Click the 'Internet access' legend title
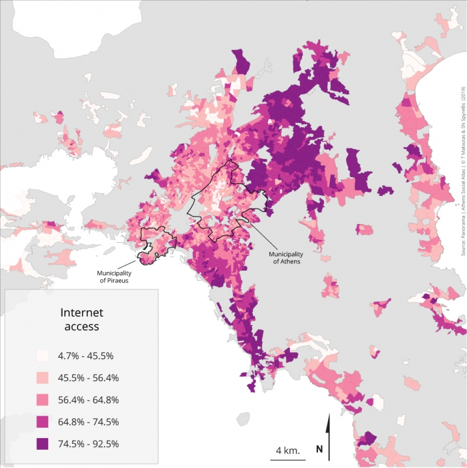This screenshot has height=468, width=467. [82, 320]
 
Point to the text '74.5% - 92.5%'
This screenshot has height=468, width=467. [88, 443]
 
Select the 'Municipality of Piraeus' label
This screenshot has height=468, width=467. [115, 276]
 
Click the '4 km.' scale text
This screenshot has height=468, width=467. [288, 450]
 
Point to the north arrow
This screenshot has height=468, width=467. [329, 435]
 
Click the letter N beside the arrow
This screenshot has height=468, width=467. [319, 450]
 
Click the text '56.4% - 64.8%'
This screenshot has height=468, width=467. [88, 399]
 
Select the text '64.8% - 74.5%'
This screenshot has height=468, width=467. [88, 421]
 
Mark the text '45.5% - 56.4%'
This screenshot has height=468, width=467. [88, 377]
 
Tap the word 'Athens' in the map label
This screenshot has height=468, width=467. [290, 261]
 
